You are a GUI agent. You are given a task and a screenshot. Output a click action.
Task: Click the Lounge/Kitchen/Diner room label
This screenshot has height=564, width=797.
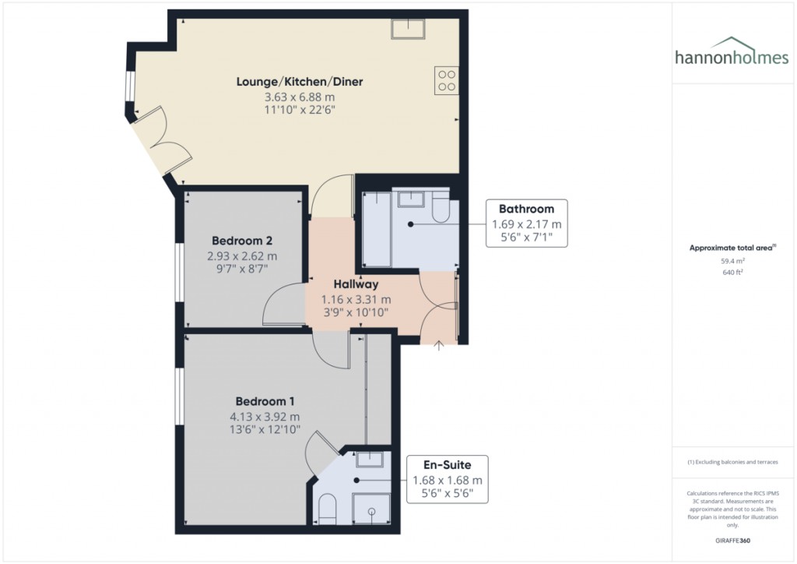click(300, 81)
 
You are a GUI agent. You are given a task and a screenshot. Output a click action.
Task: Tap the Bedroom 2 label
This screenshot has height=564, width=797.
click(242, 241)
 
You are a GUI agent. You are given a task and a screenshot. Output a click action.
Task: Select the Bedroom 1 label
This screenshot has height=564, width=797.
click(265, 401)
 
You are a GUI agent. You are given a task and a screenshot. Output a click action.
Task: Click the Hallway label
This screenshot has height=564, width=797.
click(356, 284)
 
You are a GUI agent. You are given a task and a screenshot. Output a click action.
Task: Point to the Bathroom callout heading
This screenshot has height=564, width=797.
click(526, 209)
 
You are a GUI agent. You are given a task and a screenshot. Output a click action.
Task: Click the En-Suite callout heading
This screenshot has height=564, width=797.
click(448, 465)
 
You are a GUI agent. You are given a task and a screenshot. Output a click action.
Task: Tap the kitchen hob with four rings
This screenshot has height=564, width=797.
click(446, 80)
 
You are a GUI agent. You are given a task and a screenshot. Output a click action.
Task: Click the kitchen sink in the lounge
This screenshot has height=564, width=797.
click(408, 29)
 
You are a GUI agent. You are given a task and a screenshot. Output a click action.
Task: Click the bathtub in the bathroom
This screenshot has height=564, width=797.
click(377, 229)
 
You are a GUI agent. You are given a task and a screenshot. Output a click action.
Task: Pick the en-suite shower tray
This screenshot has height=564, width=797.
click(371, 508)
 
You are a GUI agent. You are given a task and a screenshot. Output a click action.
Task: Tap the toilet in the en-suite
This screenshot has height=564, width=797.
click(328, 509)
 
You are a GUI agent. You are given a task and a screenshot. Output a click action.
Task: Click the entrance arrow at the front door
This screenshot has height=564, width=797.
click(439, 345)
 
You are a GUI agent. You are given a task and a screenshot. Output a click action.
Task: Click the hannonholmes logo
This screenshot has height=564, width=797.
click(732, 52)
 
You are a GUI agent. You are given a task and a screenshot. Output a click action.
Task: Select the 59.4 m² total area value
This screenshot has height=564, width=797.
click(732, 261)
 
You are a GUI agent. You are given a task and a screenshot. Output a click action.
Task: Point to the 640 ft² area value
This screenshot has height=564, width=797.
click(732, 272)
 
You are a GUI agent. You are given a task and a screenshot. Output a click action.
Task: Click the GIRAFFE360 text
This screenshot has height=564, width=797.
click(732, 540)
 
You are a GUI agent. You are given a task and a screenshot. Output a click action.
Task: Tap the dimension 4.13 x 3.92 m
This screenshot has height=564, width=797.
click(265, 417)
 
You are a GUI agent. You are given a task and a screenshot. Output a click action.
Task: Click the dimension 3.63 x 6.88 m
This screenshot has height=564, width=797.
click(300, 97)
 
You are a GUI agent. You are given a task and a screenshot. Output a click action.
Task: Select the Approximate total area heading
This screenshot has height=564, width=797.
click(732, 249)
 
